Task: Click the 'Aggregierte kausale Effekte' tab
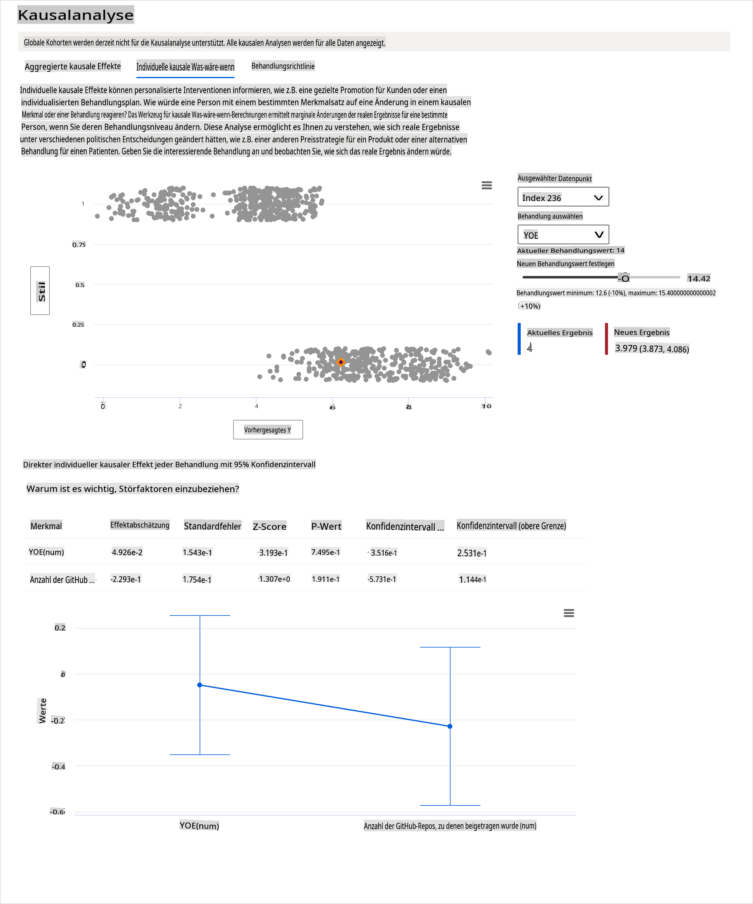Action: [72, 66]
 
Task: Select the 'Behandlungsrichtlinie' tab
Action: [283, 66]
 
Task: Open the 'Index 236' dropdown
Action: [563, 197]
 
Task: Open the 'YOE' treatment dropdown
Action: [563, 234]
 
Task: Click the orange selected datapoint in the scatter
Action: [341, 362]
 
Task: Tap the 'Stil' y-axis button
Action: [40, 291]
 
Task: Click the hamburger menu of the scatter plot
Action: [487, 185]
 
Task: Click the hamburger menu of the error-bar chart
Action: [568, 613]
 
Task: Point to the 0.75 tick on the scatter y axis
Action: [79, 245]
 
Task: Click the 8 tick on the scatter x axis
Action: [409, 406]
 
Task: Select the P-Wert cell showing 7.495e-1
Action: [325, 552]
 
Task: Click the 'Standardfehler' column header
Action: [212, 526]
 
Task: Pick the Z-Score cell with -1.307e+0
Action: [274, 579]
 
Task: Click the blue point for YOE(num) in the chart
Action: [200, 685]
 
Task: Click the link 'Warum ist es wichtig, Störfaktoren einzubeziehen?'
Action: [132, 488]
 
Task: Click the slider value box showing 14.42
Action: [698, 278]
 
